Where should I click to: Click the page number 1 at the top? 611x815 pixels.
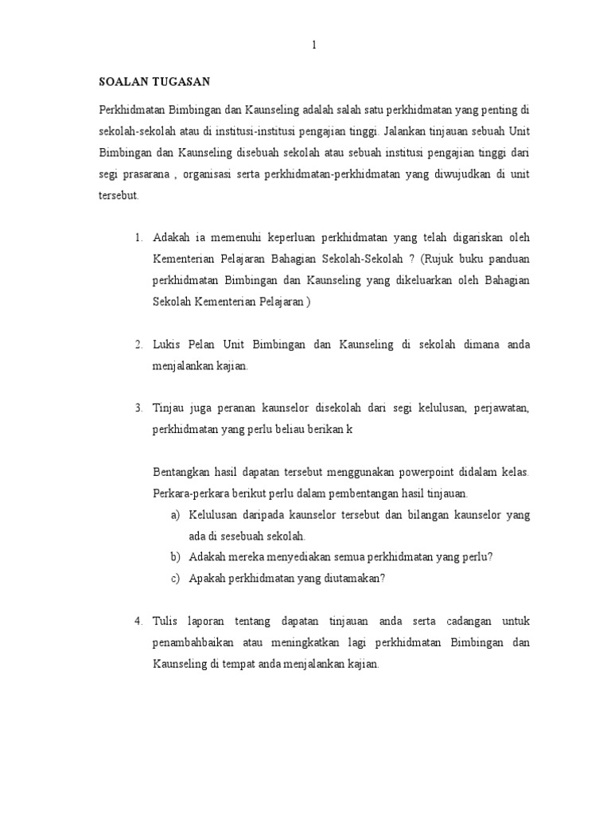coord(313,45)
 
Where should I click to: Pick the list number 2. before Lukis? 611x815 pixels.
coord(138,345)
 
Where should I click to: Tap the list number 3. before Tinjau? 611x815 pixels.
coord(138,408)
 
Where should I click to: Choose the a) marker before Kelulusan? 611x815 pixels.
coord(175,515)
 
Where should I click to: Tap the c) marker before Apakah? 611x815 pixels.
coord(175,579)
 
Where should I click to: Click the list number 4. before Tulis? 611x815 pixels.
coord(138,621)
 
